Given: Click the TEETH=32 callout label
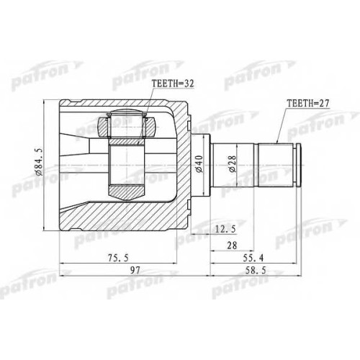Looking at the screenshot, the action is tap(173, 84).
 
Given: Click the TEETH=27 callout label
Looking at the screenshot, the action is tap(308, 103).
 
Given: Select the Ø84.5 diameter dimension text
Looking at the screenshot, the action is tap(40, 162).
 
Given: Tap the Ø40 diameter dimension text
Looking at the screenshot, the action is tap(199, 164).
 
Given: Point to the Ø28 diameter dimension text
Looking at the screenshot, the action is tap(233, 164).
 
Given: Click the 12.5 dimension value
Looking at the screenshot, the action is tap(225, 230).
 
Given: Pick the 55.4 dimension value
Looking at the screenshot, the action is tap(253, 258).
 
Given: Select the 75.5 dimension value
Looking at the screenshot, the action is tap(118, 258).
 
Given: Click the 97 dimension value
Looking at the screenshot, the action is tap(135, 271).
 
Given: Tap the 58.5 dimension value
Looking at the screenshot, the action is tap(256, 271).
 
